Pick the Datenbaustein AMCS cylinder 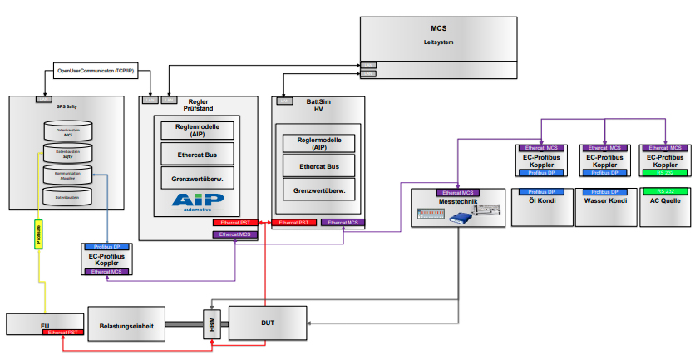click(67, 132)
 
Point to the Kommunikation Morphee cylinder click(67, 175)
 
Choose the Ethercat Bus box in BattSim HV click(319, 166)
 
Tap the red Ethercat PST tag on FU click(64, 332)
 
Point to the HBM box click(211, 324)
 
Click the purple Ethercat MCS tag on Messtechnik click(458, 193)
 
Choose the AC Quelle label click(664, 201)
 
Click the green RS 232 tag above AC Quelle click(664, 173)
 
